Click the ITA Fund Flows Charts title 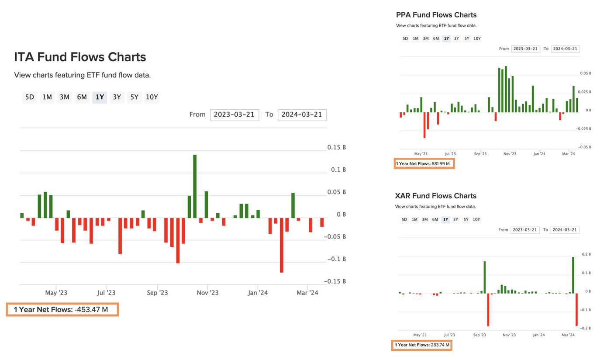(80, 57)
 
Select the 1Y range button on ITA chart (100, 97)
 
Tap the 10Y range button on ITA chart (152, 97)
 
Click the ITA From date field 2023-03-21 (235, 114)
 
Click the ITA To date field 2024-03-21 (302, 114)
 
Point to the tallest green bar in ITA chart (195, 186)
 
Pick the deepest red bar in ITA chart (281, 245)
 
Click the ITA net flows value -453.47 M (97, 310)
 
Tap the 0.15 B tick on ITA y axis (337, 148)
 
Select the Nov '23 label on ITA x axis (208, 293)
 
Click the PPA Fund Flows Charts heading (436, 15)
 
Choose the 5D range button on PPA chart (405, 38)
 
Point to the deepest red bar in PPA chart (424, 125)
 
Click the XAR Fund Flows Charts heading (435, 196)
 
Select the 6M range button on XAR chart (435, 219)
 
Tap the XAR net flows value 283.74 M (440, 345)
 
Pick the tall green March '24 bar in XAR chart (573, 274)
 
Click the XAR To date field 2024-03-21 (565, 230)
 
